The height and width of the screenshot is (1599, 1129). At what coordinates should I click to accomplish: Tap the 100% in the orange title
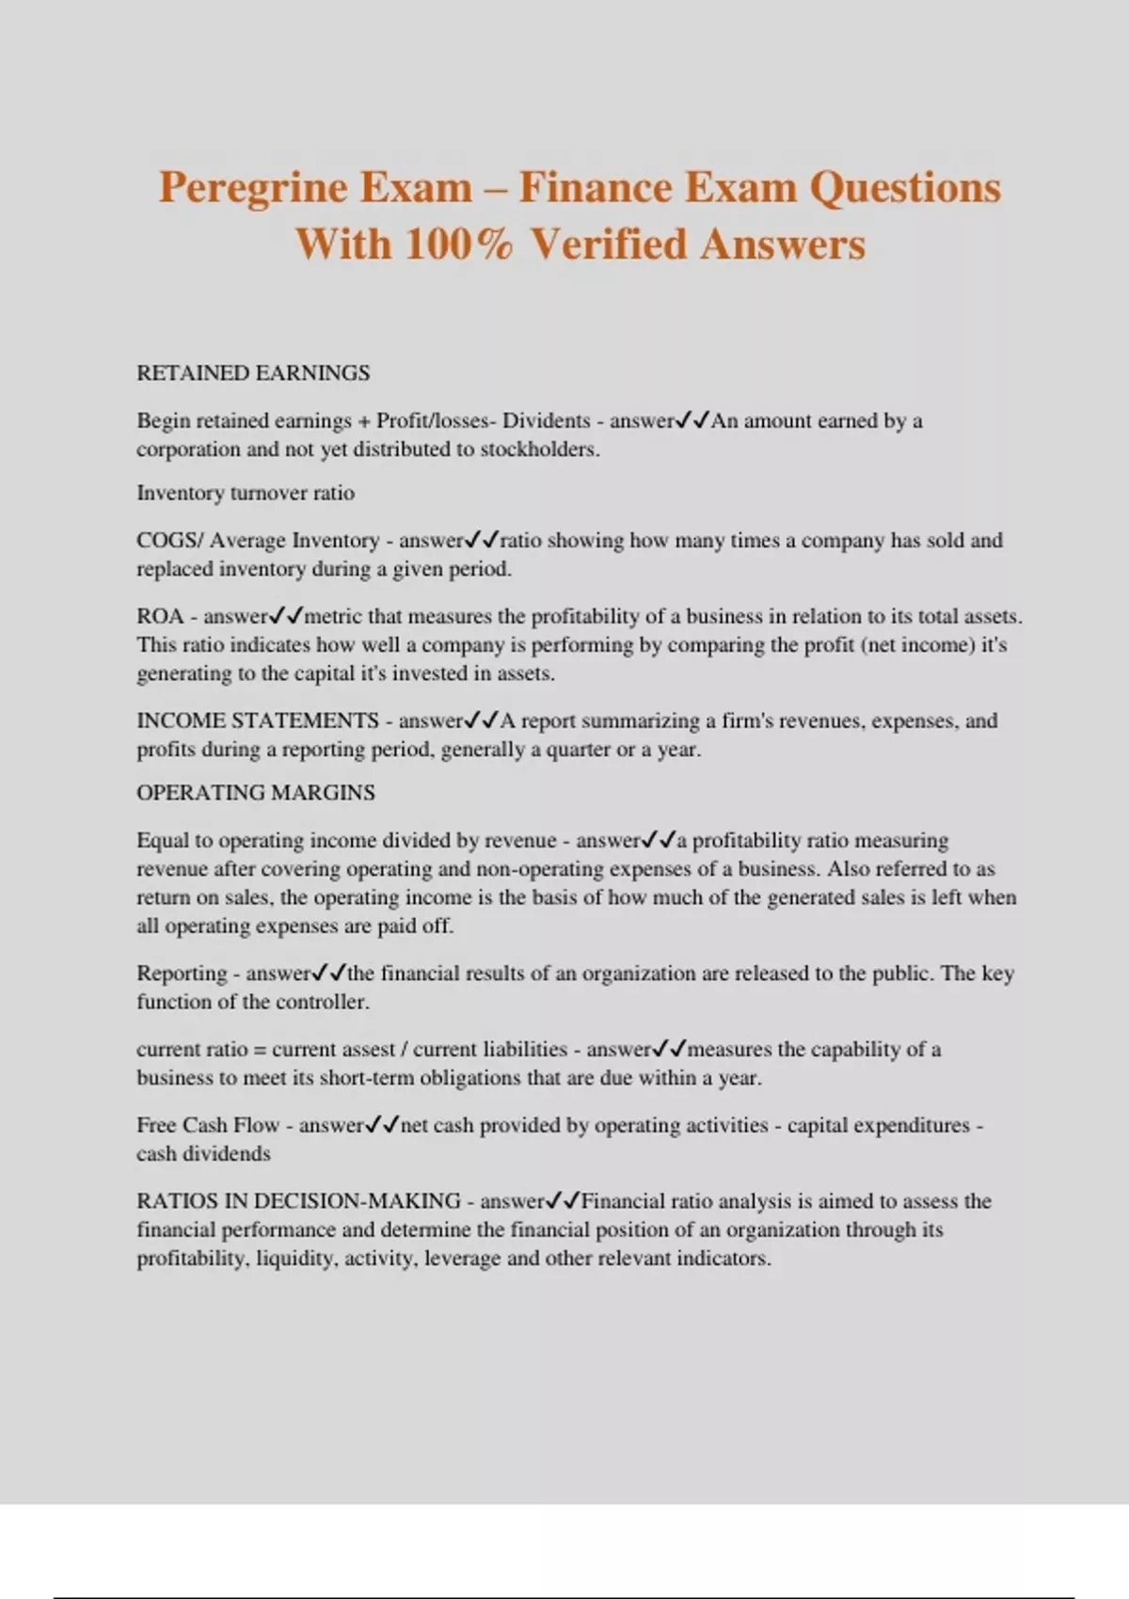[x=459, y=245]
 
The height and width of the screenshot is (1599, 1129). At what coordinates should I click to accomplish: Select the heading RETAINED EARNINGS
[x=253, y=373]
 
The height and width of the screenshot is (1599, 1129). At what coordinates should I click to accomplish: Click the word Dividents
[x=546, y=420]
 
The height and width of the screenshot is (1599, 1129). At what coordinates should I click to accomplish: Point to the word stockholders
[x=539, y=450]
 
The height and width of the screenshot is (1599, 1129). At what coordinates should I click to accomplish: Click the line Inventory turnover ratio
[x=246, y=493]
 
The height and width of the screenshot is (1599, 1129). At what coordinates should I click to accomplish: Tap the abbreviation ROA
[x=159, y=617]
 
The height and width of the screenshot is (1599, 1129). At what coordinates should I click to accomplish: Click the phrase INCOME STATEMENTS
[x=257, y=720]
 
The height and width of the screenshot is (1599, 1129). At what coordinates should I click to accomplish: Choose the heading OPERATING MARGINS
[x=255, y=793]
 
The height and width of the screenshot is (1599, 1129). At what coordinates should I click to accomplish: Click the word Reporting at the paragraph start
[x=182, y=974]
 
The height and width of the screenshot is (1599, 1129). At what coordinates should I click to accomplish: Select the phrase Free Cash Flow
[x=208, y=1126]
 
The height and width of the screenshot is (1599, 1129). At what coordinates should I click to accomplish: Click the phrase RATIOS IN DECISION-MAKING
[x=298, y=1201]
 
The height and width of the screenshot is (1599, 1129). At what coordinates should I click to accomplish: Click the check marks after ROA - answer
[x=285, y=617]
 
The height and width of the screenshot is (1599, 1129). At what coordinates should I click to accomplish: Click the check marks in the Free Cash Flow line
[x=382, y=1125]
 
